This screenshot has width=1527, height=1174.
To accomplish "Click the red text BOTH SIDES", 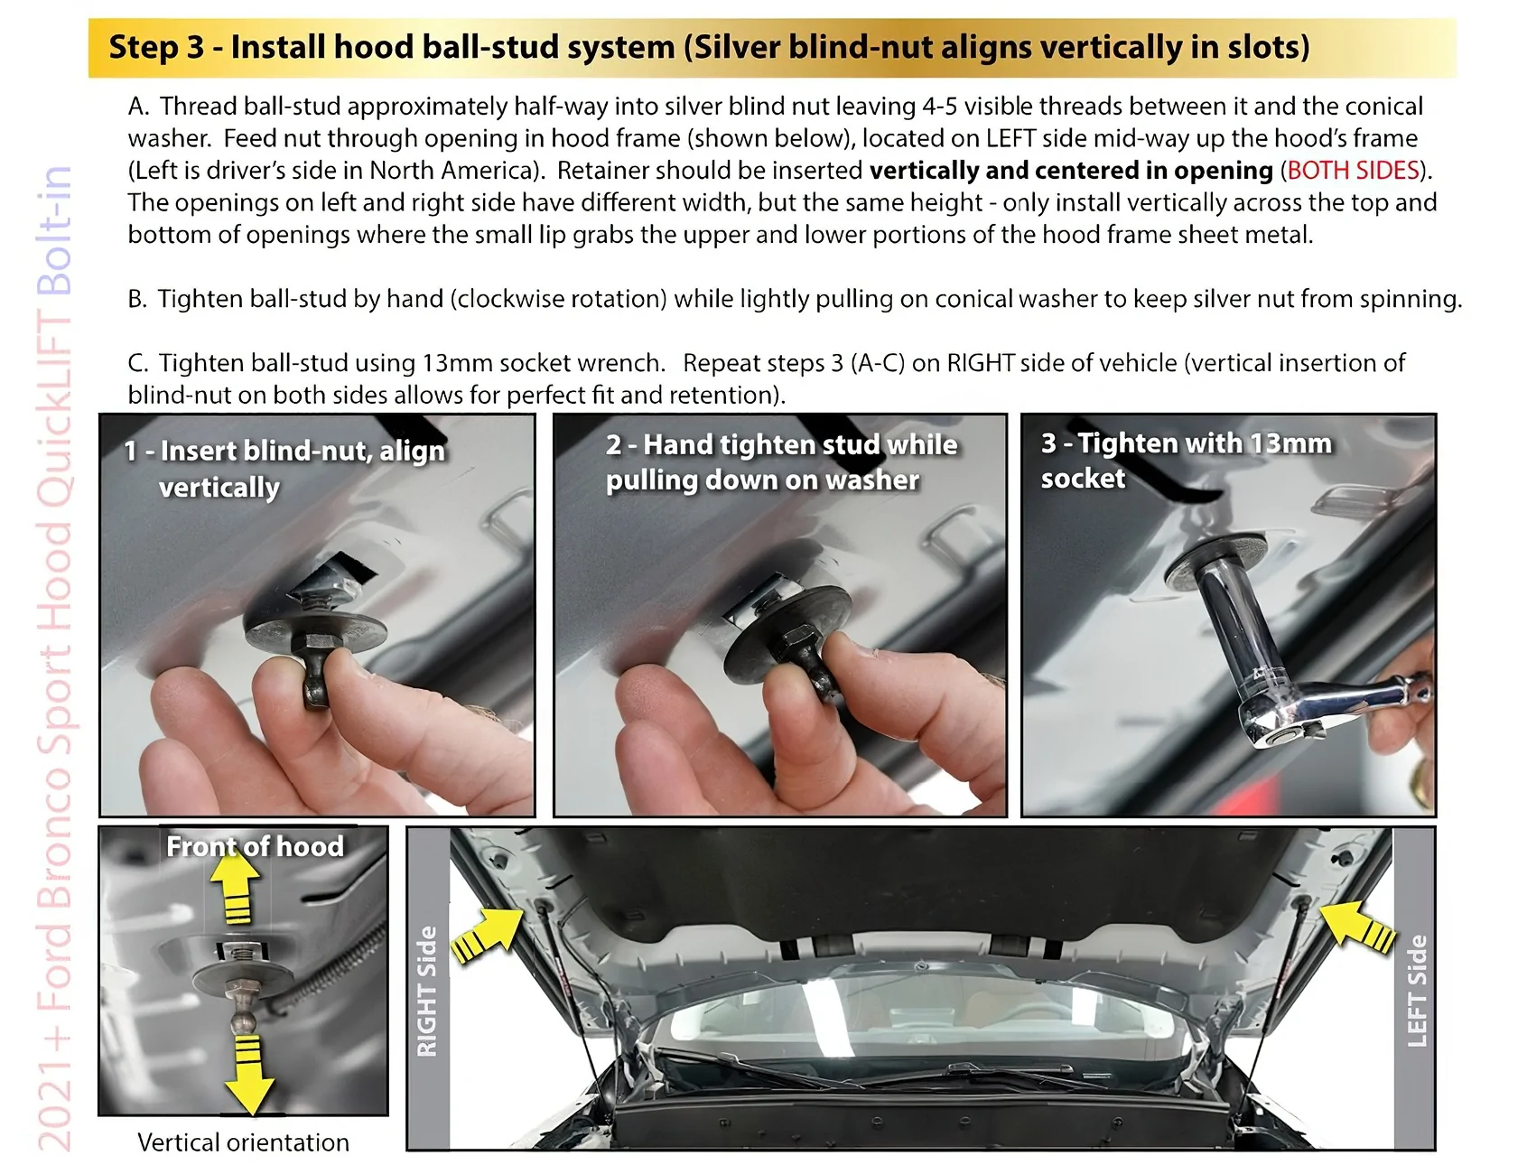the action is (1353, 170).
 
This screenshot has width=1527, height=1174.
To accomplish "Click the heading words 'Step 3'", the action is (156, 47).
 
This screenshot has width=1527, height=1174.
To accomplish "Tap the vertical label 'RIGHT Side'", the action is (427, 991).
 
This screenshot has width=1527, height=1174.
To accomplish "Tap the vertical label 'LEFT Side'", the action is (1417, 991).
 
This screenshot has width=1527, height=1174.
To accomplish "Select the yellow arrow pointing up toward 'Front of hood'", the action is (237, 886).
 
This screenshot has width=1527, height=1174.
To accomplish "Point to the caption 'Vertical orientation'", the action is (243, 1142).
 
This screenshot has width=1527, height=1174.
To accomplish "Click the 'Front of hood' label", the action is (256, 846).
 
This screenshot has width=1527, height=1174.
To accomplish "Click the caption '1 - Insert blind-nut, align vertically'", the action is (284, 469).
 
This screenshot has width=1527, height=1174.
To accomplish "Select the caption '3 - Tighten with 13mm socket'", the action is (1187, 461).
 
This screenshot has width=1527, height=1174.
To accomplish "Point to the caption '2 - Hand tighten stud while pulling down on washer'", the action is (782, 462).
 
